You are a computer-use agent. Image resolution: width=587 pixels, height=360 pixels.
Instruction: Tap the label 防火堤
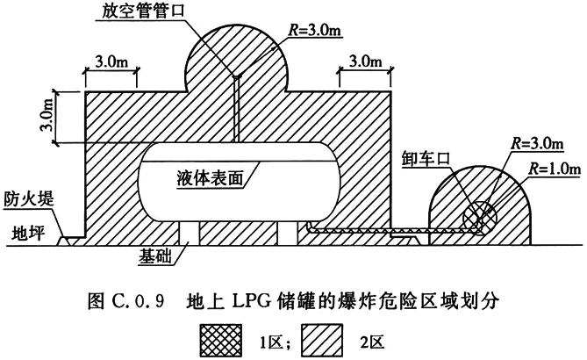pos(29,199)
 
